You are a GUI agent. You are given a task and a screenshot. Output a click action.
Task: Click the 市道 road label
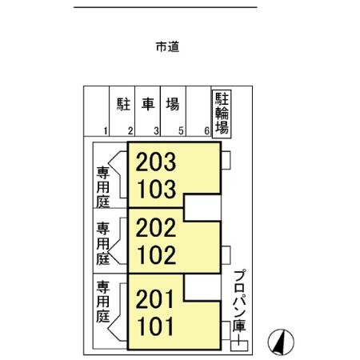coord(167,46)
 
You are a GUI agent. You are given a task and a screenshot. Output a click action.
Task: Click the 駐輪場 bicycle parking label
coord(222,114)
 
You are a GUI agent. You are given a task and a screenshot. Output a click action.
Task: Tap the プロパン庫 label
coord(238,305)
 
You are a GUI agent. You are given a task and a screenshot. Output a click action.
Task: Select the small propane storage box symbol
coord(239,345)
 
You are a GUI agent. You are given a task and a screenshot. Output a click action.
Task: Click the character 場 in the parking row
coord(172,104)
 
